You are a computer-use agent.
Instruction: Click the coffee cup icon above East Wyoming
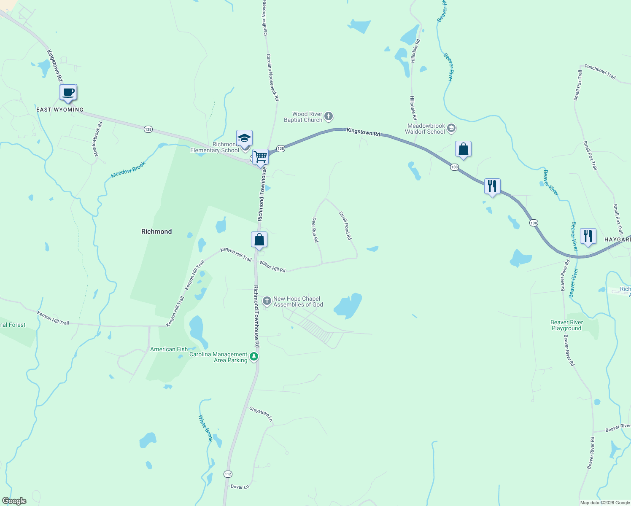tap(68, 92)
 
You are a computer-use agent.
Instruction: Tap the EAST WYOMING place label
tap(60, 110)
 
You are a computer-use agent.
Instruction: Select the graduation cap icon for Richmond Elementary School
tap(244, 138)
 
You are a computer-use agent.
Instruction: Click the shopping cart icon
tap(261, 156)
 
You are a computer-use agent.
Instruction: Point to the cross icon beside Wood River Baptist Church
tap(329, 116)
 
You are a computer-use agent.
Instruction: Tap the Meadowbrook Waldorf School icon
tap(451, 128)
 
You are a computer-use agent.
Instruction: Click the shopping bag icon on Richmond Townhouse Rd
tap(259, 240)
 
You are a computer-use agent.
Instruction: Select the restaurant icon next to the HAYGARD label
tap(588, 236)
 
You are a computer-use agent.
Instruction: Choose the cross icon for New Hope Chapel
tap(267, 301)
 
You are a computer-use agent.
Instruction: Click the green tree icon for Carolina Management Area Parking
tap(254, 357)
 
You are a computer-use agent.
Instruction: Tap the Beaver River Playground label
tap(566, 325)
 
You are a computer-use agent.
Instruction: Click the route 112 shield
tap(228, 474)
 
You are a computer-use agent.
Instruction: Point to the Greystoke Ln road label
tap(261, 414)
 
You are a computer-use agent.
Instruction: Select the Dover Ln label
tap(240, 487)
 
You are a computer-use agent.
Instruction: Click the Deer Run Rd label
tap(315, 230)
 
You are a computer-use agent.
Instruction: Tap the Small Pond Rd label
tap(345, 226)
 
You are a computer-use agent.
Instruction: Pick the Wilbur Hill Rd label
tap(272, 266)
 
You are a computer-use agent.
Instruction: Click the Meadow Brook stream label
tap(128, 170)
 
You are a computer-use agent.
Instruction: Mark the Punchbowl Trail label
tap(600, 72)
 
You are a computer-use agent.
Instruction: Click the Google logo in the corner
tap(14, 501)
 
